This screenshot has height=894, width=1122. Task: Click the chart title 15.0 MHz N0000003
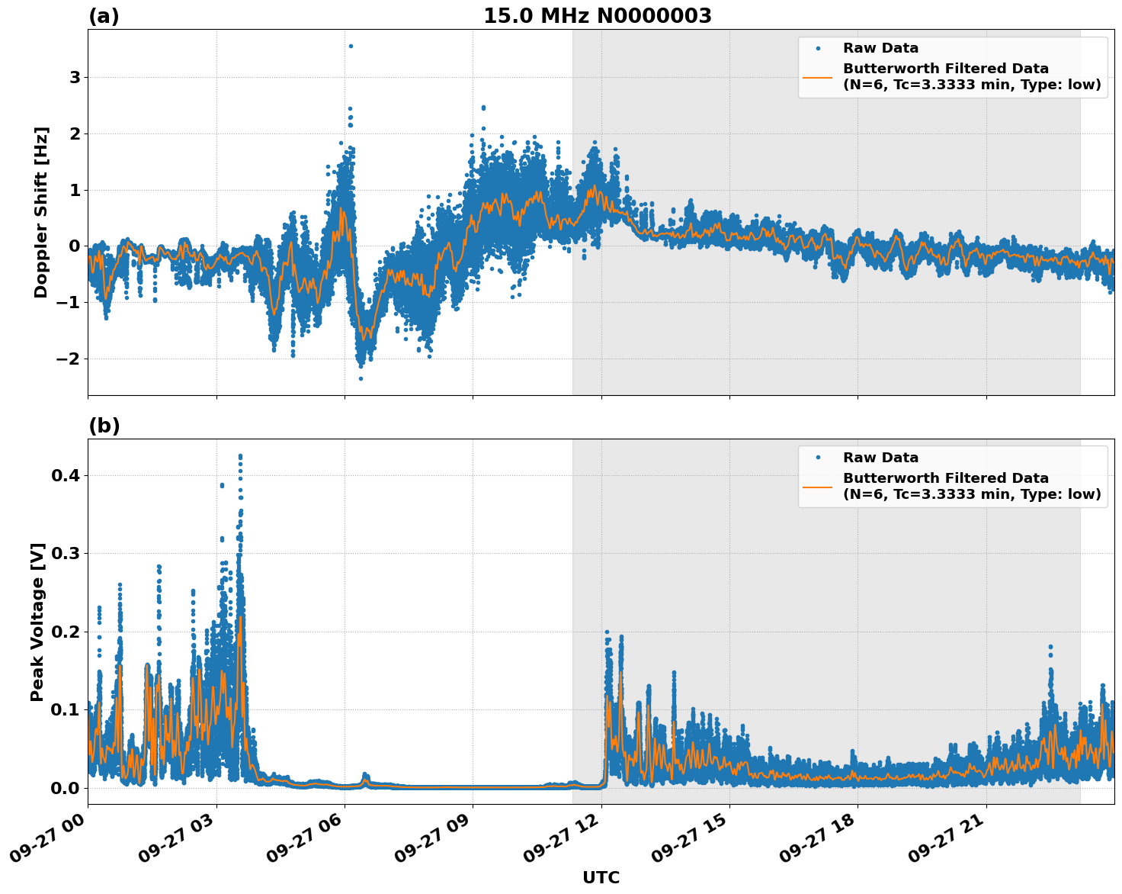pyautogui.click(x=597, y=16)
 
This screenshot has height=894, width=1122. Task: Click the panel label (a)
pyautogui.click(x=104, y=16)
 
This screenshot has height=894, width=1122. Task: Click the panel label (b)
pyautogui.click(x=104, y=426)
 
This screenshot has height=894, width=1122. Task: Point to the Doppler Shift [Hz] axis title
pyautogui.click(x=41, y=212)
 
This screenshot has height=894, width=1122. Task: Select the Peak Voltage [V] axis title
pyautogui.click(x=37, y=622)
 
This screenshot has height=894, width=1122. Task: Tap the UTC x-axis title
pyautogui.click(x=601, y=877)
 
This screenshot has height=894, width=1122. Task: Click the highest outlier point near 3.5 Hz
pyautogui.click(x=351, y=46)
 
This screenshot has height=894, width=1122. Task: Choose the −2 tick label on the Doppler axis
pyautogui.click(x=70, y=359)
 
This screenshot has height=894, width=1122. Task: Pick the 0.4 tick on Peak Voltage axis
pyautogui.click(x=67, y=475)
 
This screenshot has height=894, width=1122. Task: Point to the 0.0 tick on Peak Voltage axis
pyautogui.click(x=67, y=788)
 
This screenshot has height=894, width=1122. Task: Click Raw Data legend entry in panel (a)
pyautogui.click(x=880, y=48)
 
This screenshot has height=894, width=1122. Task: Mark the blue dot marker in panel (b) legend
pyautogui.click(x=818, y=458)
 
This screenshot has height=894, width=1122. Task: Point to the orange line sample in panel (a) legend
pyautogui.click(x=818, y=76)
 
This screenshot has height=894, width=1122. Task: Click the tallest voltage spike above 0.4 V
pyautogui.click(x=240, y=456)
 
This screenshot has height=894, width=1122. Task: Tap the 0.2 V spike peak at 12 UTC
pyautogui.click(x=607, y=632)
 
